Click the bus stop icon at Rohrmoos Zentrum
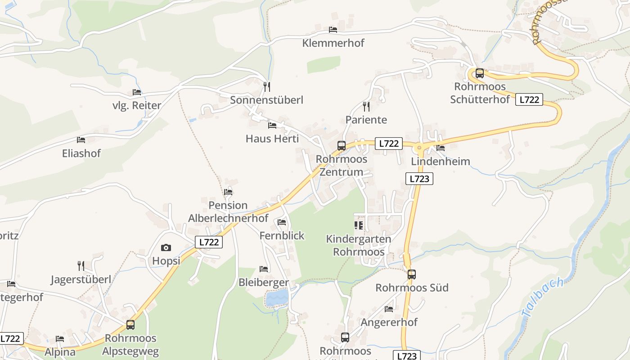[x=342, y=146]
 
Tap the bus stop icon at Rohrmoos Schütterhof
[x=480, y=73]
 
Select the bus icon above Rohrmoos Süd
[x=411, y=274]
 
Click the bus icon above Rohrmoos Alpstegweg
[x=130, y=324]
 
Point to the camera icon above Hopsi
[x=166, y=247]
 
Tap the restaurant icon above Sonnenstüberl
[x=267, y=86]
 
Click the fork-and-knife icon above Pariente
[x=366, y=106]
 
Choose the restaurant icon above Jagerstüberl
[x=81, y=265]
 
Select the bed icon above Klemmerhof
[x=333, y=30]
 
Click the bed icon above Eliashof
[x=81, y=140]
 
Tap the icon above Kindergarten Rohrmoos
[x=359, y=225]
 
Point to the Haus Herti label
[x=272, y=138]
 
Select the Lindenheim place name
[x=441, y=161]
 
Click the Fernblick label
[x=282, y=235]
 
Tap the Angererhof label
[x=389, y=322]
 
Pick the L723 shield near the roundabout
[x=419, y=179]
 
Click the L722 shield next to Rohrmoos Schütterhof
[x=529, y=99]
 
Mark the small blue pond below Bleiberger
[x=276, y=297]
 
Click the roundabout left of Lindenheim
[x=419, y=147]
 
